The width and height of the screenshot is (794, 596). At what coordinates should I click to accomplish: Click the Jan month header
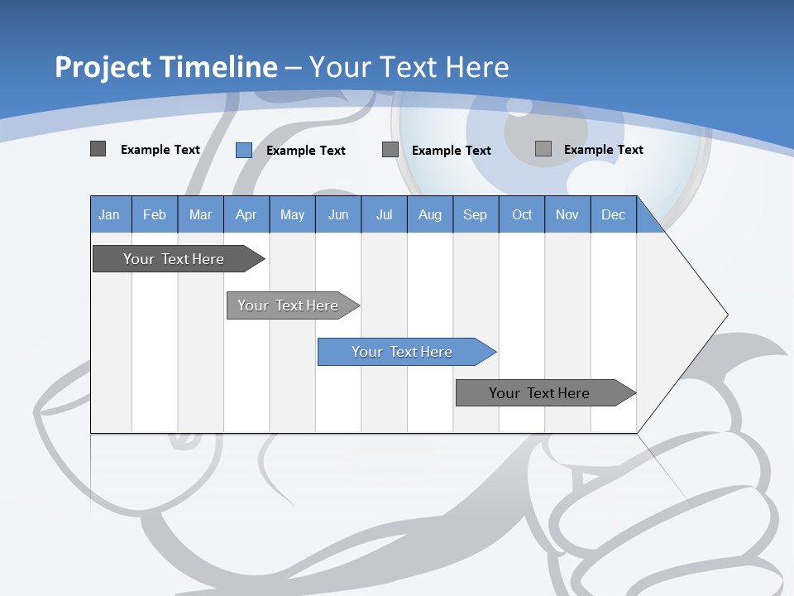click(109, 214)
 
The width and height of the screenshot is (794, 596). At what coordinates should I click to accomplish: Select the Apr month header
click(246, 214)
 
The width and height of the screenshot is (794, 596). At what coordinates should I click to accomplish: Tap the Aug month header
click(429, 214)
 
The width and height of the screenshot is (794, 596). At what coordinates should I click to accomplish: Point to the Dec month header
click(613, 214)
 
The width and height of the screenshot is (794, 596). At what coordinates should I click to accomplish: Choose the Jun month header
click(337, 214)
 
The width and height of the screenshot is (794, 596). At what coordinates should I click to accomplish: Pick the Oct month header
click(522, 214)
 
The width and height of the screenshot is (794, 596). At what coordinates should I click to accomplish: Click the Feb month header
click(155, 214)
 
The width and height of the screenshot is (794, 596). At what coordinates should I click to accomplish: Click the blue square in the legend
click(244, 150)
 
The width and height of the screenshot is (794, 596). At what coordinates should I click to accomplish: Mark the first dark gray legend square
click(98, 149)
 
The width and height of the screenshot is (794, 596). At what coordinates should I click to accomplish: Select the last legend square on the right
click(543, 149)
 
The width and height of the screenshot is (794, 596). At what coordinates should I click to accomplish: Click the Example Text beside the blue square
click(306, 151)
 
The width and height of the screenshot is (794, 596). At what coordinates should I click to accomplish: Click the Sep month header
click(475, 214)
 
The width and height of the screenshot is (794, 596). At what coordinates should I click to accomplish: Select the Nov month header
click(567, 214)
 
